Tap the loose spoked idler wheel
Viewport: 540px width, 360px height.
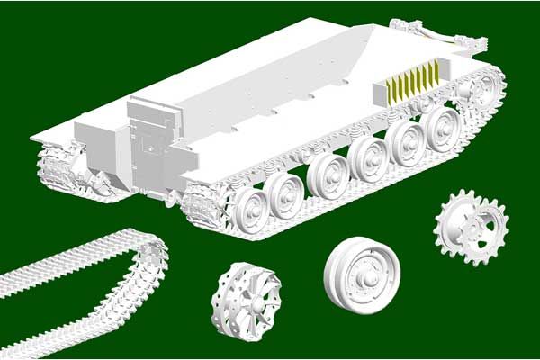(246, 300)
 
